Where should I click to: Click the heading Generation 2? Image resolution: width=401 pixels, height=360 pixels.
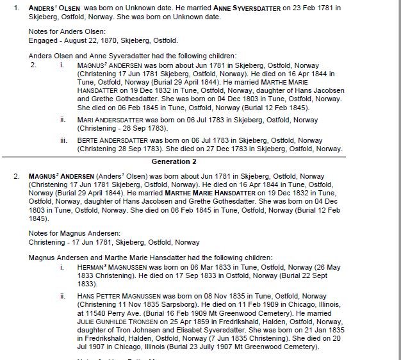tap(174, 161)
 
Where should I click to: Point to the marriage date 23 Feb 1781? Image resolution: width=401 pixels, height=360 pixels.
tap(297, 7)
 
